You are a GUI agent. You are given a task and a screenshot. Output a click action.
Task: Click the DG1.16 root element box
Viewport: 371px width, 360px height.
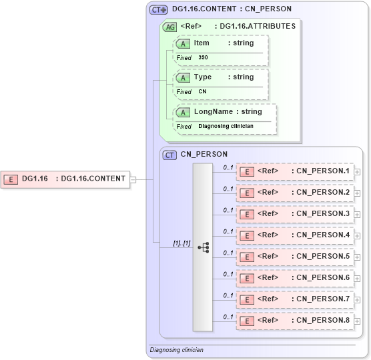click(66, 179)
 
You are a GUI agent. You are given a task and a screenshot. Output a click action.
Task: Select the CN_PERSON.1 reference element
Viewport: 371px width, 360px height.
click(294, 171)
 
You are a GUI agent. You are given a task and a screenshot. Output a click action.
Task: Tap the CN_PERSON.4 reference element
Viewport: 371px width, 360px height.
click(294, 235)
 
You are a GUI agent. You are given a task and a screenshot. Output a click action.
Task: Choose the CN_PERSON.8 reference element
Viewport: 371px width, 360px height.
click(294, 321)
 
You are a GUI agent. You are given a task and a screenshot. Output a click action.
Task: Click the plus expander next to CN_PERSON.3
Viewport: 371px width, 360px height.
click(358, 215)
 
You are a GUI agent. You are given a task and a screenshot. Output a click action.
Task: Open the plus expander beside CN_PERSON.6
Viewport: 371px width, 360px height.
click(358, 279)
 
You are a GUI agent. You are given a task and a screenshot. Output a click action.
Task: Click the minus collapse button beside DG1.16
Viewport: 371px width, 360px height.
click(133, 179)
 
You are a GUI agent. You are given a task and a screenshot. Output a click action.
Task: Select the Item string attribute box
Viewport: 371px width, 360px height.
click(220, 43)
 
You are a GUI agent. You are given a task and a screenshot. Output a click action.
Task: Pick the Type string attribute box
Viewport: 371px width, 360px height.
click(220, 77)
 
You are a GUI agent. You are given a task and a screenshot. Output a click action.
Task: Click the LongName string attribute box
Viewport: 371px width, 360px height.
click(224, 112)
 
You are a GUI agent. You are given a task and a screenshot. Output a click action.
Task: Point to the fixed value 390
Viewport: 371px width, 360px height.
click(203, 58)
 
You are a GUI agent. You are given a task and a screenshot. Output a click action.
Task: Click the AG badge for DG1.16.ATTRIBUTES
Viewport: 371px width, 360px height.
click(170, 27)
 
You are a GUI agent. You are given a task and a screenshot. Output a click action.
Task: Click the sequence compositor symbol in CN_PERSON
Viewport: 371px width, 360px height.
click(203, 247)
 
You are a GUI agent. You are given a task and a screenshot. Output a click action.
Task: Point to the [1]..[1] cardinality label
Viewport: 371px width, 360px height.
click(181, 243)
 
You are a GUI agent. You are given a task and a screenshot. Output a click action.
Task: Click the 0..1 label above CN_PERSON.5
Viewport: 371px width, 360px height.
click(228, 253)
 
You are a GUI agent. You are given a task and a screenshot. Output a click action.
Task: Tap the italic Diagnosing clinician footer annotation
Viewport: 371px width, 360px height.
click(176, 349)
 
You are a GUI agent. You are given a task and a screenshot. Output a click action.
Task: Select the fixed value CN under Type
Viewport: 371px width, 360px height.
click(203, 92)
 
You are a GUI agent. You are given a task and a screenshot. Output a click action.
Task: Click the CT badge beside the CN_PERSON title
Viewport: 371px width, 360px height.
click(170, 154)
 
